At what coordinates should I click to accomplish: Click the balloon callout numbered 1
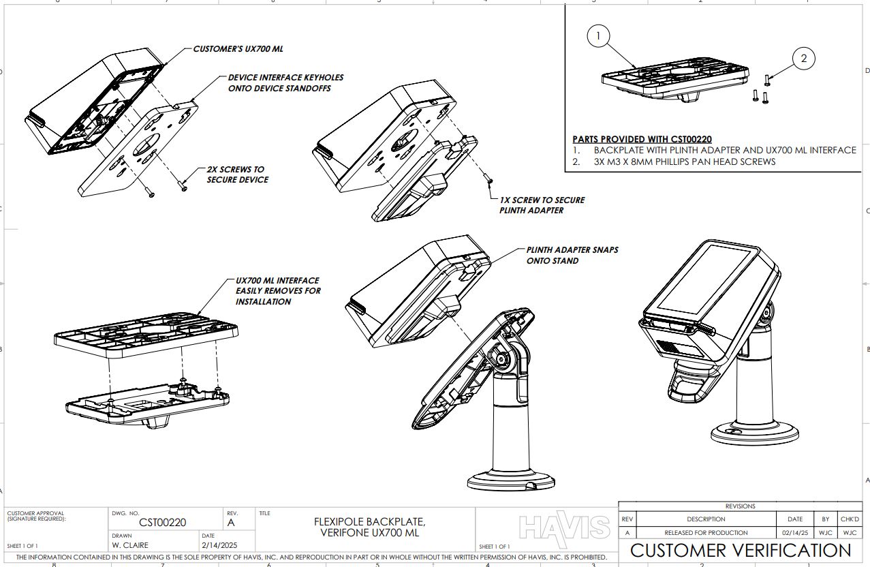pos(597,36)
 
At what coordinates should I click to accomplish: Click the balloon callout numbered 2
pos(803,59)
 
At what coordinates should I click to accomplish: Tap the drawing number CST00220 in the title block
pos(162,523)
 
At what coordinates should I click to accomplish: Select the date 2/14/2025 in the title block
pos(219,545)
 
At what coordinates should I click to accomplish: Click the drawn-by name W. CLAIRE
pos(129,545)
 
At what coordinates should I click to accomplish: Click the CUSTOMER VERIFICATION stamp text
pos(740,550)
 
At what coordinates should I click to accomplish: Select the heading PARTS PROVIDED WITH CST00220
pos(642,139)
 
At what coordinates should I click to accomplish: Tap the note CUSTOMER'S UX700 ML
pos(238,49)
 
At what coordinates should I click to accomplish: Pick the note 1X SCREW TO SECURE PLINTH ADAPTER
pos(542,205)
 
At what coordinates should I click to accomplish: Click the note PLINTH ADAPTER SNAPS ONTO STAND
pos(572,255)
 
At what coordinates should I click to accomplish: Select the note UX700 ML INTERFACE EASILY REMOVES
pos(277,290)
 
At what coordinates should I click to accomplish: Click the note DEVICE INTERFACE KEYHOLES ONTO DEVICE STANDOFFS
pos(285,82)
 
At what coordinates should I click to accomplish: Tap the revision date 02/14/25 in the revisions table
pos(794,532)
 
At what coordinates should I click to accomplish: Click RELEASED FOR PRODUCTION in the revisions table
pos(706,532)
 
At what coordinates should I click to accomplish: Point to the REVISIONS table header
pos(740,506)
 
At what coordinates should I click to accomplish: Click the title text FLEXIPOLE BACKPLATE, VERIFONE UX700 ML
pos(369,527)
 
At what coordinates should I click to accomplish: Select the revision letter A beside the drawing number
pos(231,523)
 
